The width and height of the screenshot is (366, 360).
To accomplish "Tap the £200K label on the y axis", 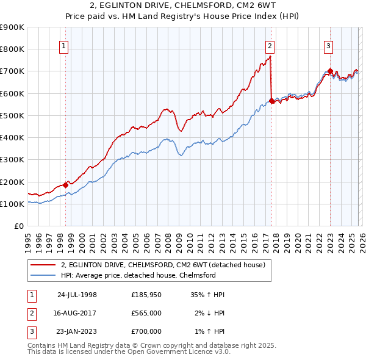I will tap(12, 182).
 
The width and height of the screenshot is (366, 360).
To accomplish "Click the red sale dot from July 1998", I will tap(66, 184).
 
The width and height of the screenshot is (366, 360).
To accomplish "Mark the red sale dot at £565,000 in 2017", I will tap(271, 101).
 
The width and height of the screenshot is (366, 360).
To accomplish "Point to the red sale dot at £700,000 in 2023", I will tap(329, 71).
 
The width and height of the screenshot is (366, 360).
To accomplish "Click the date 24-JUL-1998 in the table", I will tap(77, 295).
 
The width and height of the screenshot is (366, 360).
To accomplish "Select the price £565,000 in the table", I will tap(146, 313).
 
